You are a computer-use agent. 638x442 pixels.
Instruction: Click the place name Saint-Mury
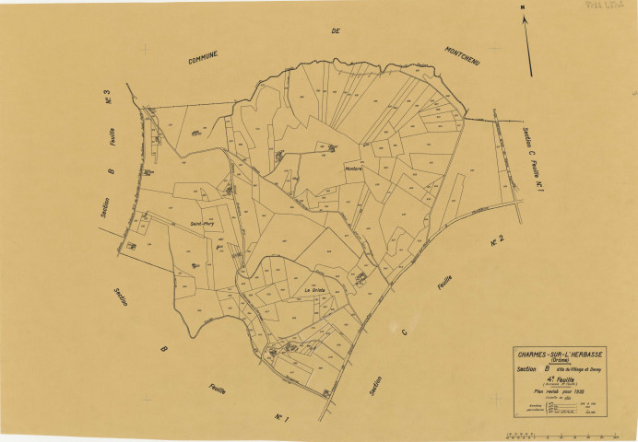click(x=203, y=223)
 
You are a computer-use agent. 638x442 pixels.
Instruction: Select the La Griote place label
click(x=317, y=291)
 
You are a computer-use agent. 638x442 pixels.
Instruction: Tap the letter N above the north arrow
click(x=523, y=8)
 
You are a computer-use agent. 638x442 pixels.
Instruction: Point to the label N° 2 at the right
click(x=496, y=242)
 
